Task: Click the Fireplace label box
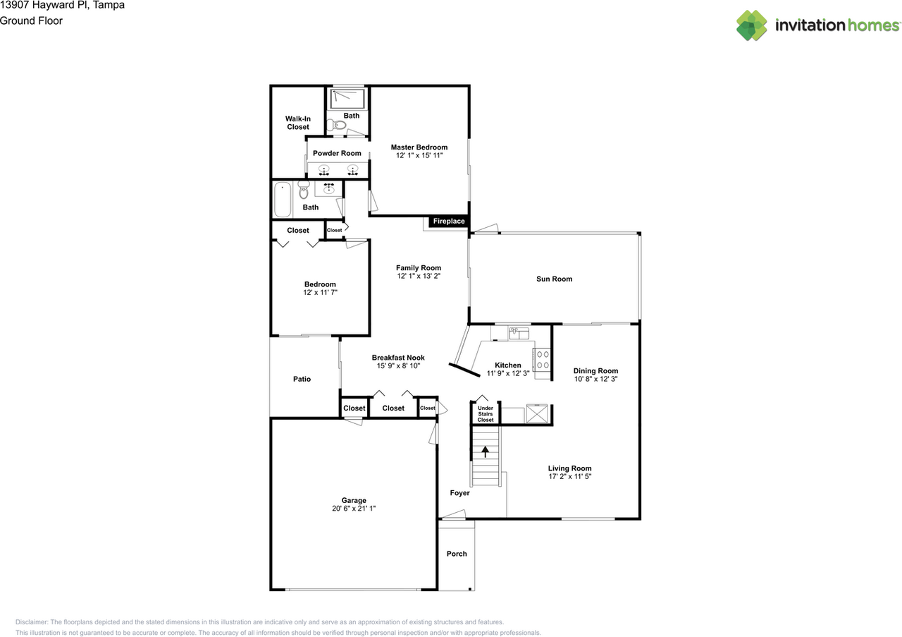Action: (x=448, y=222)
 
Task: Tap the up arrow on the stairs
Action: (x=485, y=452)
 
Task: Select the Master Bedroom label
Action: (x=419, y=147)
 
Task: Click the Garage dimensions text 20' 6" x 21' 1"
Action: (x=354, y=508)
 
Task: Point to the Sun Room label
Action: (x=554, y=279)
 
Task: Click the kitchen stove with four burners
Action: (x=542, y=360)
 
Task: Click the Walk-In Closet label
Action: (x=297, y=123)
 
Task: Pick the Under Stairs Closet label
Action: (x=486, y=414)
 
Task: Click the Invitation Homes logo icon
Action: (x=752, y=25)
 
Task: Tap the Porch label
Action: (x=457, y=554)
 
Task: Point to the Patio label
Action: (x=302, y=379)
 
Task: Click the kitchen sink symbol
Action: (x=519, y=333)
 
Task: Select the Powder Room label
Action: (x=337, y=153)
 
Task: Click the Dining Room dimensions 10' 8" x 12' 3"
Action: (x=595, y=379)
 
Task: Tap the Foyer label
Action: (x=459, y=493)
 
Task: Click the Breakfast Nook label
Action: (x=398, y=358)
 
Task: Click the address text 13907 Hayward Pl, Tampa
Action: (x=63, y=6)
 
